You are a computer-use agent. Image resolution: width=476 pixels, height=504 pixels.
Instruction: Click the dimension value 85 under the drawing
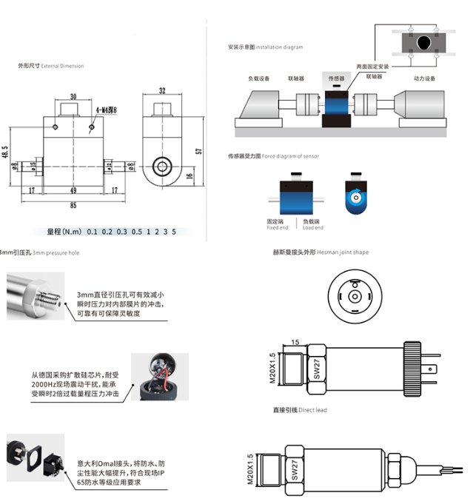tap(73, 204)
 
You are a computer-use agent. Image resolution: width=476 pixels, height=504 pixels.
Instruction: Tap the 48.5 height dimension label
tap(6, 151)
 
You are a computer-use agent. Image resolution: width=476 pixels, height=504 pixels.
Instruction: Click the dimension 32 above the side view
tap(162, 91)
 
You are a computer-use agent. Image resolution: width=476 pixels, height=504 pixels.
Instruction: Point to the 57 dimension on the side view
tap(198, 151)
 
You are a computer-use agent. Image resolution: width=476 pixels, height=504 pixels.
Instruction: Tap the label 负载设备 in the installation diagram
tap(259, 78)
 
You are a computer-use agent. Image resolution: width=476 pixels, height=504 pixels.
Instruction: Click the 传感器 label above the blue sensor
tap(336, 78)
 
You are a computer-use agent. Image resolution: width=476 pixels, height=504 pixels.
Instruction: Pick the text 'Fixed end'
tap(278, 227)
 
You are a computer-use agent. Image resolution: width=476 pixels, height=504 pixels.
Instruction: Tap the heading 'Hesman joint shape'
tap(343, 252)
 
